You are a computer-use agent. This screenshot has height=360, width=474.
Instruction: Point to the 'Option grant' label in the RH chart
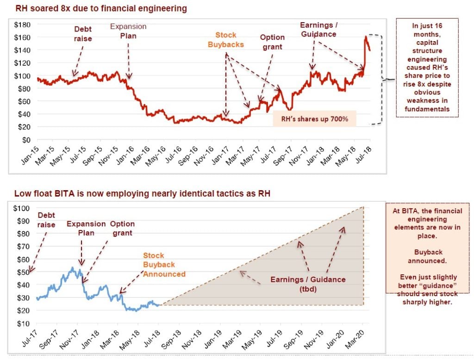[271, 42]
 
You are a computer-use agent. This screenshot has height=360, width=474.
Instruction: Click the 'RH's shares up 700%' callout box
[314, 118]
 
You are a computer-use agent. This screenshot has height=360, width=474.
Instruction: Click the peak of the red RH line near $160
[366, 37]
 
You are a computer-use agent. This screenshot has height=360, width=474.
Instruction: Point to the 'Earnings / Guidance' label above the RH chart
[318, 29]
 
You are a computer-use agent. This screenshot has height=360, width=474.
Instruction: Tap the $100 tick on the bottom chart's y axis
[23, 208]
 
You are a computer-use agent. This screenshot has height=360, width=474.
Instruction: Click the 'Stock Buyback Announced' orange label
[164, 265]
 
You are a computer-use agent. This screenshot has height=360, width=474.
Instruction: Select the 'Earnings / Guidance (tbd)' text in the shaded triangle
[308, 284]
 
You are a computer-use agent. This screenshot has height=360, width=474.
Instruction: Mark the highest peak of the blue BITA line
[72, 267]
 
